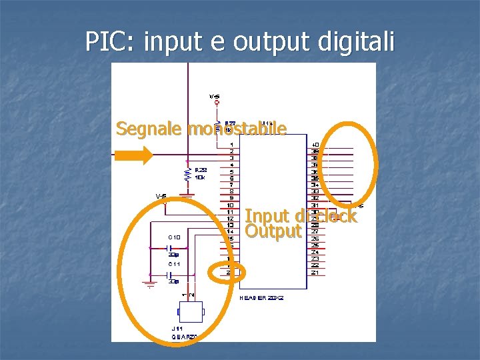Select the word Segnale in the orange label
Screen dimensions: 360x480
click(x=149, y=128)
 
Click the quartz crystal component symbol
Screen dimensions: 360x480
click(x=191, y=311)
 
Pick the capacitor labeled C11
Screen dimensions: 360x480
click(x=170, y=274)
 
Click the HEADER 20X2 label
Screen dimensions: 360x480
click(x=262, y=297)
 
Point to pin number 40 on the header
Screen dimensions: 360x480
click(x=315, y=144)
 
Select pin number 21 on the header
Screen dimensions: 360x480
click(x=315, y=272)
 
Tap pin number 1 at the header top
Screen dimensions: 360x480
click(x=231, y=144)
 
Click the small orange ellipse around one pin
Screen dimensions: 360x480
click(x=227, y=272)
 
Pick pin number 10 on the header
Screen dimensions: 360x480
click(x=231, y=205)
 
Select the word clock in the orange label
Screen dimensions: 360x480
click(x=337, y=216)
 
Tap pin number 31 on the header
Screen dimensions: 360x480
click(x=315, y=205)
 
